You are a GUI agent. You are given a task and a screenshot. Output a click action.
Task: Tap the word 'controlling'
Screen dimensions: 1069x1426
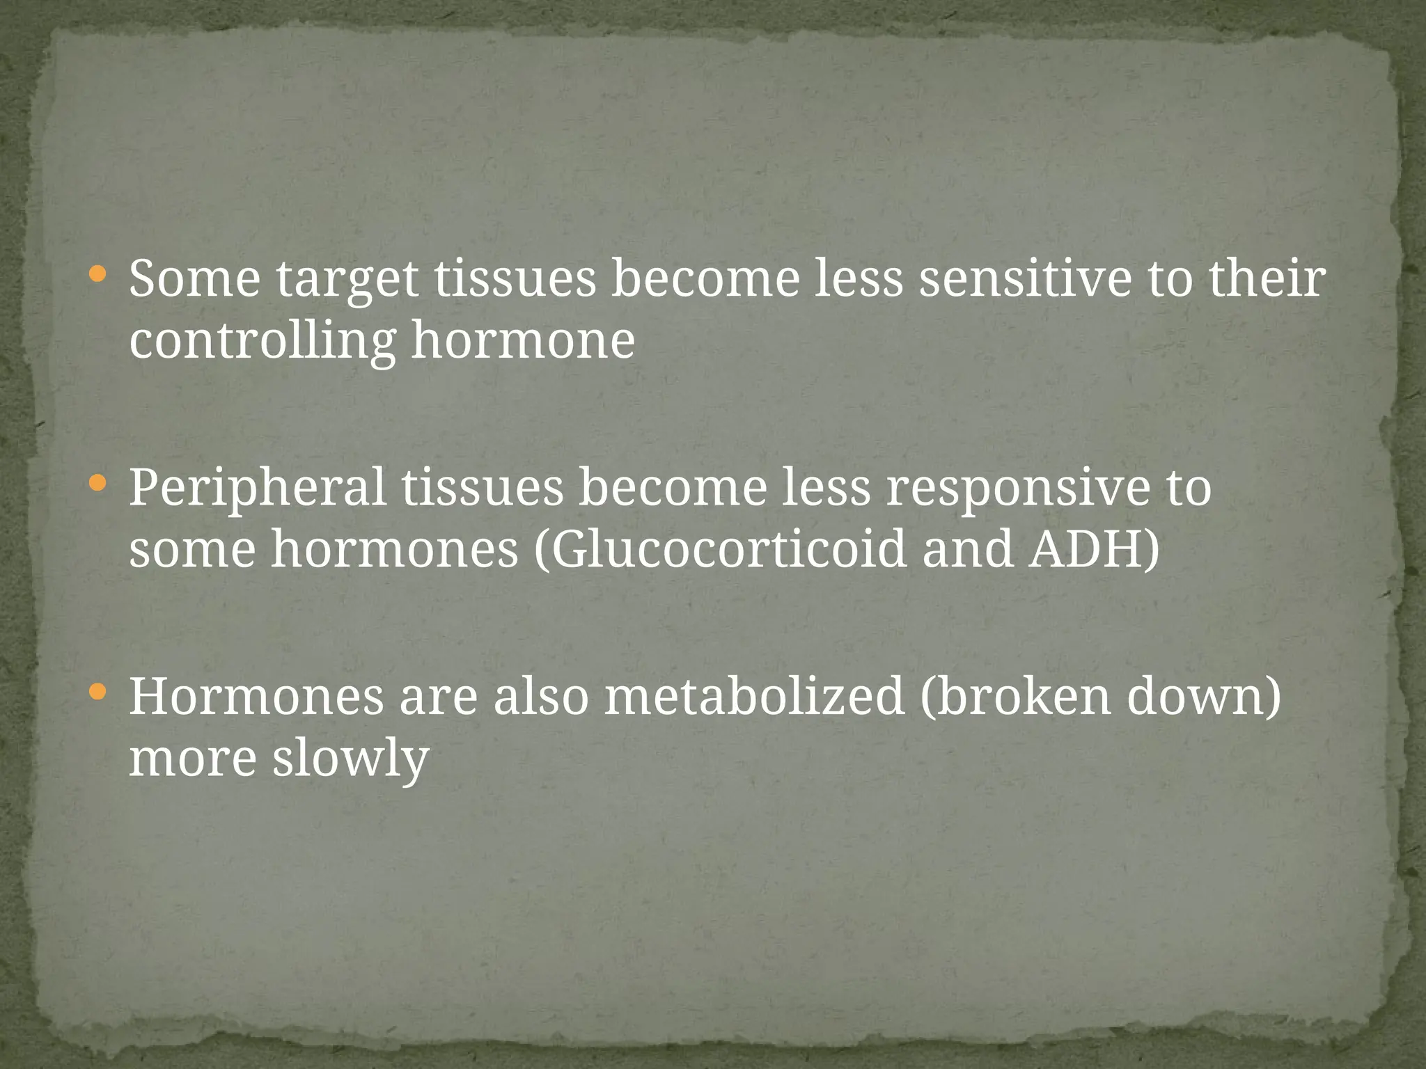[262, 341]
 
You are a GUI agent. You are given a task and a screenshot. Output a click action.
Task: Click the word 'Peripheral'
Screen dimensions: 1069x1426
[257, 489]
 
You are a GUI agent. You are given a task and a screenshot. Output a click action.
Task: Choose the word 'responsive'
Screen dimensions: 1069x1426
[1018, 489]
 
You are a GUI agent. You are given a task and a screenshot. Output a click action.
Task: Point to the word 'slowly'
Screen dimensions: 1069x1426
[350, 760]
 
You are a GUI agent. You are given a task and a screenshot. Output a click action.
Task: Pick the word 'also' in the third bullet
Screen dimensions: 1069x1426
[540, 697]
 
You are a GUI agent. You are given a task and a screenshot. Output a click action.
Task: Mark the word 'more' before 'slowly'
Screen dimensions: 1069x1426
[193, 759]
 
